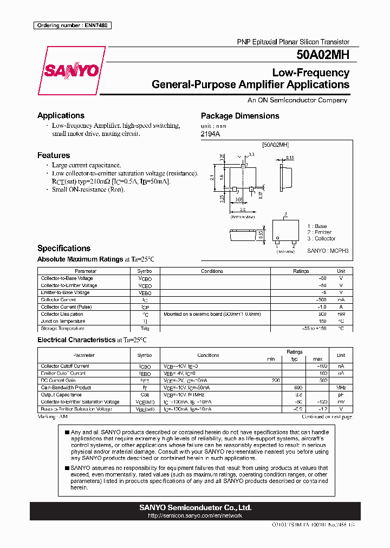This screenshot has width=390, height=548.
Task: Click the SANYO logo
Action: click(71, 71)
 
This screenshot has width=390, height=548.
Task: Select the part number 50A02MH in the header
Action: click(323, 55)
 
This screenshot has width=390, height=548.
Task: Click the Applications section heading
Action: click(61, 115)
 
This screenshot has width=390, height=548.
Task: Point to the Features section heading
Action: click(54, 155)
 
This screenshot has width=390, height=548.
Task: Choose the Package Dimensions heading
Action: click(240, 116)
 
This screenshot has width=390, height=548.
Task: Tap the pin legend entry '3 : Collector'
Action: click(321, 238)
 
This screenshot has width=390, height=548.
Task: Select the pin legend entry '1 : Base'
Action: click(317, 226)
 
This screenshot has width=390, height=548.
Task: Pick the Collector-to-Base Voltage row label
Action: click(67, 278)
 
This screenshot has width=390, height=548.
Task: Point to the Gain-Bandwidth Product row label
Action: click(66, 388)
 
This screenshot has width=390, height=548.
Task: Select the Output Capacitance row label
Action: click(61, 395)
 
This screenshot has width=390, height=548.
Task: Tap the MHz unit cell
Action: click(341, 388)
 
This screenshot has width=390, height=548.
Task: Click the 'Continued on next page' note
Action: click(327, 417)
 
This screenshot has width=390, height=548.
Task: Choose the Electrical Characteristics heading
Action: click(76, 340)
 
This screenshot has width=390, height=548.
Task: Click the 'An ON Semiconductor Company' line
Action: click(297, 100)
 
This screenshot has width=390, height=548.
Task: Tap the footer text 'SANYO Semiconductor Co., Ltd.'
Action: click(195, 507)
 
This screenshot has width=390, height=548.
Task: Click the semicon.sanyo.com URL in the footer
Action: click(195, 516)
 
